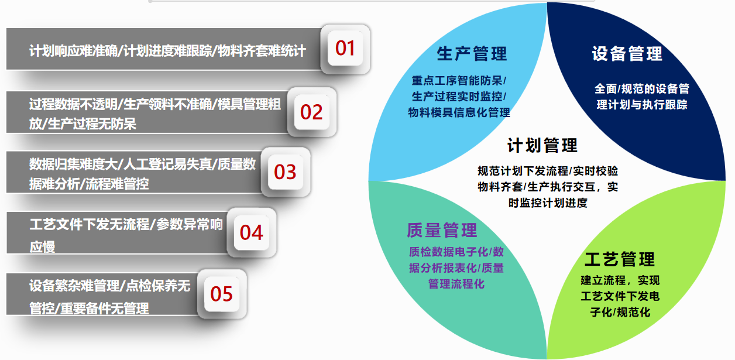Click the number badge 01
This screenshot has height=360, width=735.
(345, 48)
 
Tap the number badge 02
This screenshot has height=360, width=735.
(311, 112)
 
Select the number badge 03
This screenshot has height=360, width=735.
(285, 172)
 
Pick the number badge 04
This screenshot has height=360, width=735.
(251, 232)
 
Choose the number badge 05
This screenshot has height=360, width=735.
(221, 294)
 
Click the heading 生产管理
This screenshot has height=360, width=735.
(472, 54)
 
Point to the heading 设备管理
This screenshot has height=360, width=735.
(627, 54)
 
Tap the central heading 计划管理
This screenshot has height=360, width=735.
(542, 145)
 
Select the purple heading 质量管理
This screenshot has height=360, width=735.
(442, 230)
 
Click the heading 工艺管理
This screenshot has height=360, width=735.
(619, 259)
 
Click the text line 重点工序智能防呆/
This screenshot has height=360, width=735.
(459, 81)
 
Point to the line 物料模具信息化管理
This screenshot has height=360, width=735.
(459, 112)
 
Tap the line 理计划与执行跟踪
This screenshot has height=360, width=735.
(641, 105)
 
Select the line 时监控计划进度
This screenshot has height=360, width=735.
(548, 203)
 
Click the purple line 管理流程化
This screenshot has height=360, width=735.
(456, 284)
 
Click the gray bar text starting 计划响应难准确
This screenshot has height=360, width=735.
(167, 51)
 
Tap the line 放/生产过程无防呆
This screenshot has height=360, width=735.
(83, 124)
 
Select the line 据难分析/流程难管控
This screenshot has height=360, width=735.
(89, 184)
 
